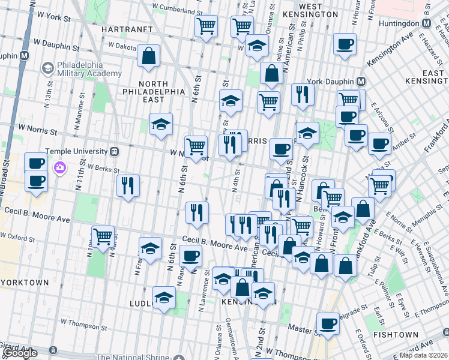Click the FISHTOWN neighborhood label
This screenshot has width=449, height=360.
tap(395, 334)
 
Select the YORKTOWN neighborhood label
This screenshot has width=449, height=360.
tap(25, 281)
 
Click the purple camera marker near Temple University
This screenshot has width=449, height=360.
tap(60, 167)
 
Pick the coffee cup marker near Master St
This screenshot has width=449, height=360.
tap(328, 323)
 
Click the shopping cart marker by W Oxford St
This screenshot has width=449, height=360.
tap(103, 235)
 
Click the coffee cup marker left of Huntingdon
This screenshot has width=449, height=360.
tap(345, 44)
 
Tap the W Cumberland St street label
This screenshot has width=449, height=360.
tap(173, 5)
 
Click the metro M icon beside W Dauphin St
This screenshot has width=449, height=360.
tap(25, 55)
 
